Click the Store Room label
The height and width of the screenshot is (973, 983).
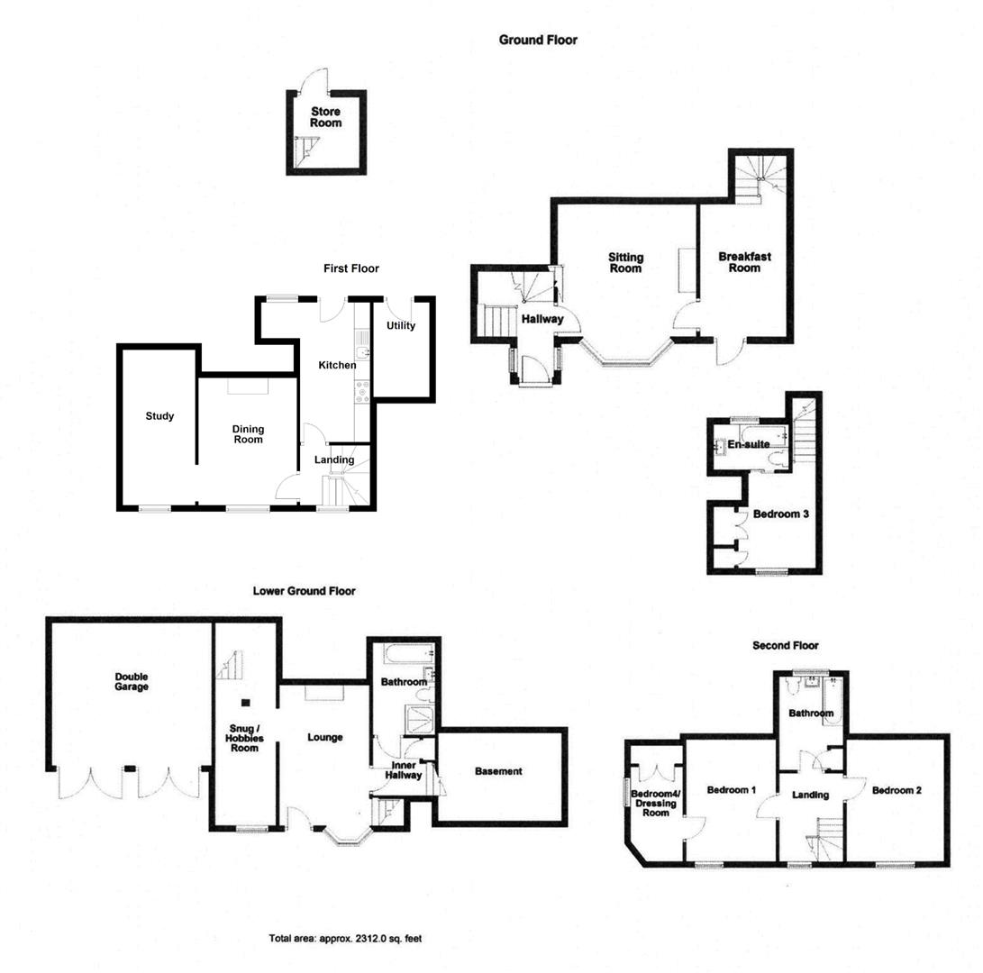pos(326,117)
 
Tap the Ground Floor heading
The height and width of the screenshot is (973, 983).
pos(538,40)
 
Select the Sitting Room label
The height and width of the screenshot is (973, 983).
pos(625,263)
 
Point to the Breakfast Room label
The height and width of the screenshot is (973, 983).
pos(744,262)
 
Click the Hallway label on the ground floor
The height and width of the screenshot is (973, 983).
pos(542,319)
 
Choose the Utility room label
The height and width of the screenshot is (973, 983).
pos(401,325)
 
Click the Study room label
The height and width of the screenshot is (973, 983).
pos(159,416)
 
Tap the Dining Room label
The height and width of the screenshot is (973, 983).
pos(248,434)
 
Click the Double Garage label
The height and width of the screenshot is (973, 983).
pos(132,682)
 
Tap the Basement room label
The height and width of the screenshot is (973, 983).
pos(498,771)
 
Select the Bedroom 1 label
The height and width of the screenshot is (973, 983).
pos(731,791)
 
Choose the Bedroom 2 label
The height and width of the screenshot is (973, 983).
pos(897,791)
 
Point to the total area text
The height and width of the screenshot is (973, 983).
pos(345,939)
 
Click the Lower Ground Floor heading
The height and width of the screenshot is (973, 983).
pos(304,591)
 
